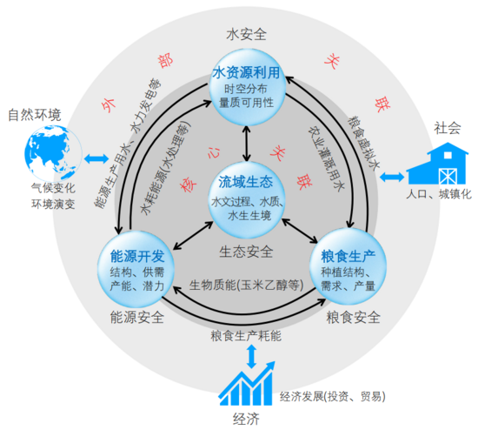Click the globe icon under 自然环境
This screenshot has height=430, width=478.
[53, 153]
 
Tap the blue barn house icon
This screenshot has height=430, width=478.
[437, 164]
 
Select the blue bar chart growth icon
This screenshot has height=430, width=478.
[247, 384]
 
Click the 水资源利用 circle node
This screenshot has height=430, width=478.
[247, 87]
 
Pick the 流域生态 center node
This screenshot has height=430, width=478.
[247, 200]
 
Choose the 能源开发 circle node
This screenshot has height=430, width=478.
[136, 269]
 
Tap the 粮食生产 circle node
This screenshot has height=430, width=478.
[348, 266]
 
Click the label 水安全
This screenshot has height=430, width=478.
[246, 34]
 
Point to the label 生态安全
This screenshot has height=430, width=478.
[246, 252]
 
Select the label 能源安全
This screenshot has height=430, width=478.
[137, 318]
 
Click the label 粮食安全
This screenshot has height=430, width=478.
[354, 318]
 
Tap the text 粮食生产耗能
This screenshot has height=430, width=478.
[246, 336]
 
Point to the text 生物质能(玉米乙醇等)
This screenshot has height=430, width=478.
[246, 286]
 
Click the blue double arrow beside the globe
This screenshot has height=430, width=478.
[96, 158]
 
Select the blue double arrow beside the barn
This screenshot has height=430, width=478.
[392, 177]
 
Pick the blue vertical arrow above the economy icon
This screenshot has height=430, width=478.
[251, 357]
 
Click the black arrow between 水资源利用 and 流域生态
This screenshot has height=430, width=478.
[247, 144]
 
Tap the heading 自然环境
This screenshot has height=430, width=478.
[35, 115]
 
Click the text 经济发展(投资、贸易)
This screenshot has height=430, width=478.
[333, 396]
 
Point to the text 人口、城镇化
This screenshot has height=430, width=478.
[439, 194]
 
